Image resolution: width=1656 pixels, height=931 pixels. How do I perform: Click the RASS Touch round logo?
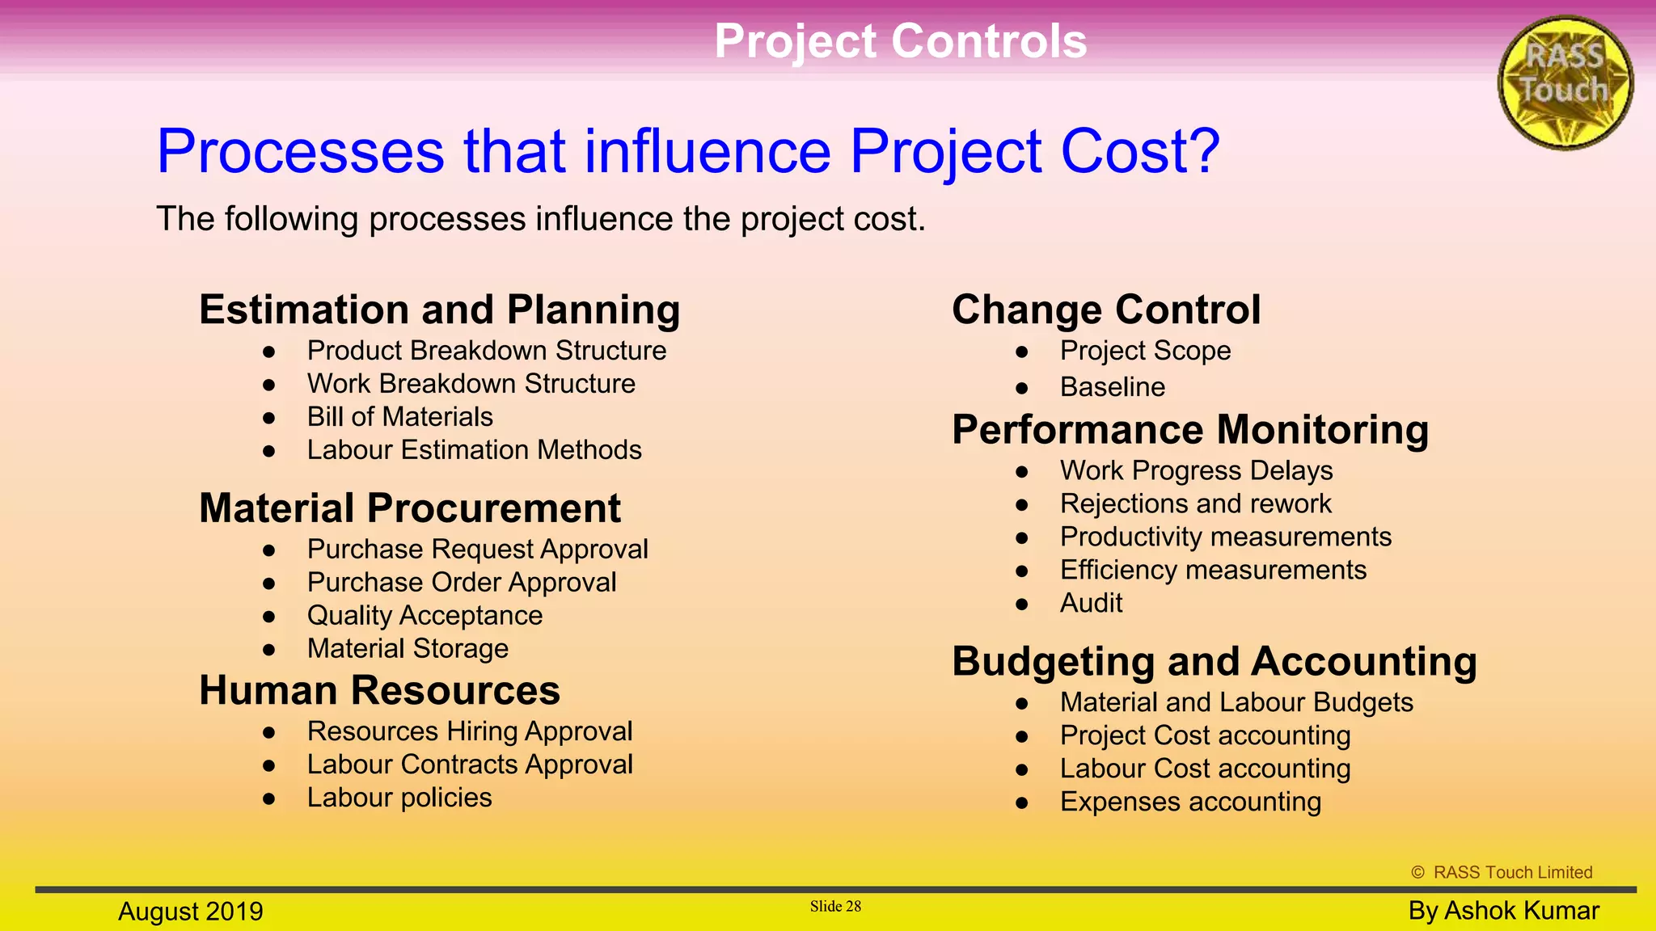(x=1565, y=82)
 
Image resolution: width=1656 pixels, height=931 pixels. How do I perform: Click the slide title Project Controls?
(x=900, y=41)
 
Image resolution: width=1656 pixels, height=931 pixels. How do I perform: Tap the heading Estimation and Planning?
(x=439, y=310)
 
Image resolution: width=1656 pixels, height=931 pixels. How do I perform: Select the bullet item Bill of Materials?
(x=399, y=417)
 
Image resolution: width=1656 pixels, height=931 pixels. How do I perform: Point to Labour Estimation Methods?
(x=474, y=450)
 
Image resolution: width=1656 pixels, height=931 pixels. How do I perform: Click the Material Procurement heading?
(x=410, y=508)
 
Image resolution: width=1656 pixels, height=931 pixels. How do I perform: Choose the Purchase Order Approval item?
(x=461, y=583)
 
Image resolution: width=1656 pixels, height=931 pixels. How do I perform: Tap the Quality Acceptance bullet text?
(x=425, y=616)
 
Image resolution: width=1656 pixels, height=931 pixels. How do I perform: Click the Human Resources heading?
(x=379, y=691)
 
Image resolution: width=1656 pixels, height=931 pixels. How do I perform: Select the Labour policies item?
(x=399, y=798)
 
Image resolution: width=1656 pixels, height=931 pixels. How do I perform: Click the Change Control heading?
(x=1105, y=310)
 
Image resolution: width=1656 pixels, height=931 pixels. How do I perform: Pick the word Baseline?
(x=1112, y=387)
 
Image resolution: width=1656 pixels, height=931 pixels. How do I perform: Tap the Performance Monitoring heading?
(x=1189, y=429)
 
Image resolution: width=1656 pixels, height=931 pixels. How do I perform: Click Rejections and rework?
(x=1195, y=504)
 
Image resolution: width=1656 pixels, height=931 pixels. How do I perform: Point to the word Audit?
(x=1091, y=604)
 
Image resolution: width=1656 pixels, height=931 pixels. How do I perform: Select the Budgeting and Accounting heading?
(x=1214, y=661)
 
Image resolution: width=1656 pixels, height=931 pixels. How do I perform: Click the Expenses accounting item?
(x=1190, y=803)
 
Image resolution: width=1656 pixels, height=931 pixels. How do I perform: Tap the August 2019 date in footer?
(x=191, y=912)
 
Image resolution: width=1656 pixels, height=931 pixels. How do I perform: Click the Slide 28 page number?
(x=835, y=907)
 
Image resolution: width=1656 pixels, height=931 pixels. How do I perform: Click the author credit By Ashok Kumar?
(x=1503, y=911)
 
